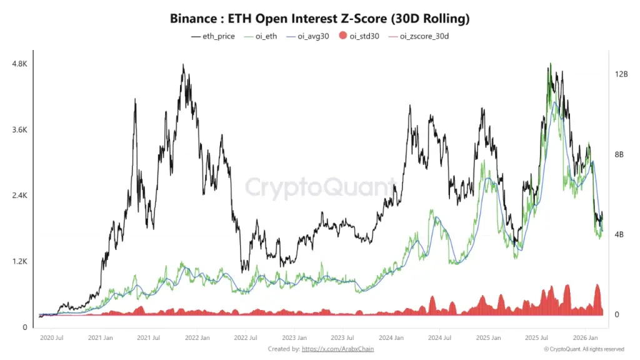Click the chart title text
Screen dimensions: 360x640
coord(319,19)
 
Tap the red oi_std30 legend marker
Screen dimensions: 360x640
coord(342,36)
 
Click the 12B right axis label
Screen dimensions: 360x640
coord(621,74)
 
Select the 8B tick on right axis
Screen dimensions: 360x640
coord(619,154)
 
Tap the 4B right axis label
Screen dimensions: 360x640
coord(619,234)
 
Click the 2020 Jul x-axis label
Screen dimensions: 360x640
coord(51,338)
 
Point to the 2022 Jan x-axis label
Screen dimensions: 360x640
coord(196,338)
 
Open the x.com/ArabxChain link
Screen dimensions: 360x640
coord(337,349)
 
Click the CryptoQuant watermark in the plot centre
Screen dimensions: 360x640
coord(319,187)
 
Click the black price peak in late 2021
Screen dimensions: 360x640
coord(182,65)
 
